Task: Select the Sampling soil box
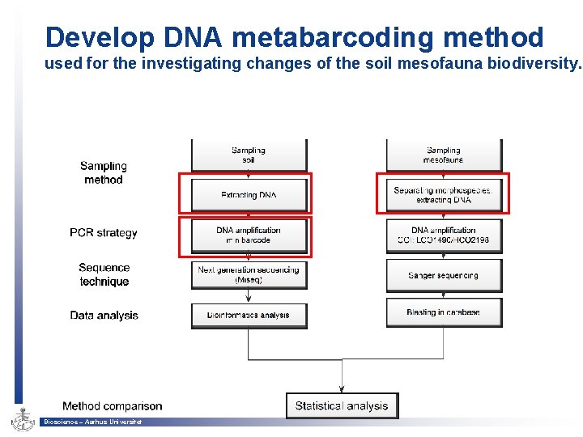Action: tap(249, 154)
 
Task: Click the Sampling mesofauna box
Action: tap(444, 154)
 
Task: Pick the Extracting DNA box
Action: tap(249, 195)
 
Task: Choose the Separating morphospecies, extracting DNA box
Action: tap(443, 194)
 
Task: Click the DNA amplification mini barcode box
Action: tap(249, 235)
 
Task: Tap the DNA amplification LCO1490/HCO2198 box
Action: tap(444, 235)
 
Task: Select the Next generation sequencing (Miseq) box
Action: tap(249, 274)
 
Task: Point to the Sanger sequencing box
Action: tap(444, 275)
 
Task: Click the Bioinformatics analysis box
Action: tap(249, 315)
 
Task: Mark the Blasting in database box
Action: tap(444, 312)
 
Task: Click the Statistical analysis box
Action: tap(342, 405)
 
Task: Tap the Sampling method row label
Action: tap(104, 172)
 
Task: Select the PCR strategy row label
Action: tap(104, 233)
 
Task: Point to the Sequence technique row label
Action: tap(104, 274)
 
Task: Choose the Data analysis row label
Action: tap(104, 315)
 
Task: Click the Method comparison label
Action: tap(112, 405)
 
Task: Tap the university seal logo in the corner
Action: tap(21, 418)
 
